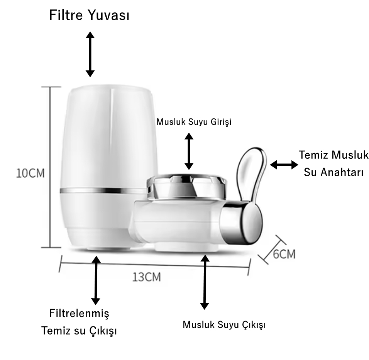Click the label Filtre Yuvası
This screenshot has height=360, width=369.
[x=89, y=16]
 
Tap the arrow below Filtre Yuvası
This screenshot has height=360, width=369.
[x=90, y=54]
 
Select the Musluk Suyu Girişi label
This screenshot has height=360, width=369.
[x=193, y=122]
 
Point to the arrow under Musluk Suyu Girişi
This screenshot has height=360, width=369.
[x=189, y=151]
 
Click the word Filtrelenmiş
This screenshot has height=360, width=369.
[x=80, y=313]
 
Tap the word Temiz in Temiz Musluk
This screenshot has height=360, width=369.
[x=312, y=156]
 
